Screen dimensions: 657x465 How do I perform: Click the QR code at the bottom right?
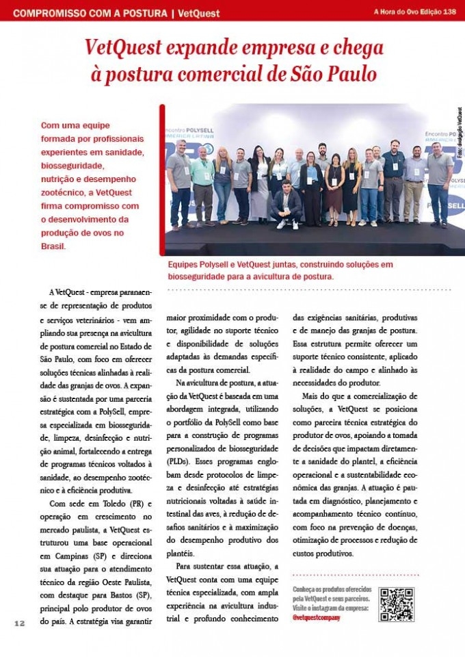[x=397, y=604]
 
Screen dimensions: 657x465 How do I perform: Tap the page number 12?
[x=19, y=623]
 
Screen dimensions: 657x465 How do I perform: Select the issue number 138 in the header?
[x=449, y=12]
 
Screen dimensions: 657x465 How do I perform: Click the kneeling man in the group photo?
[x=287, y=205]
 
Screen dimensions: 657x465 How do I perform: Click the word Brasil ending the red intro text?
[x=53, y=246]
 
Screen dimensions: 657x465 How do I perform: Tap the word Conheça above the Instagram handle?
[x=306, y=589]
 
